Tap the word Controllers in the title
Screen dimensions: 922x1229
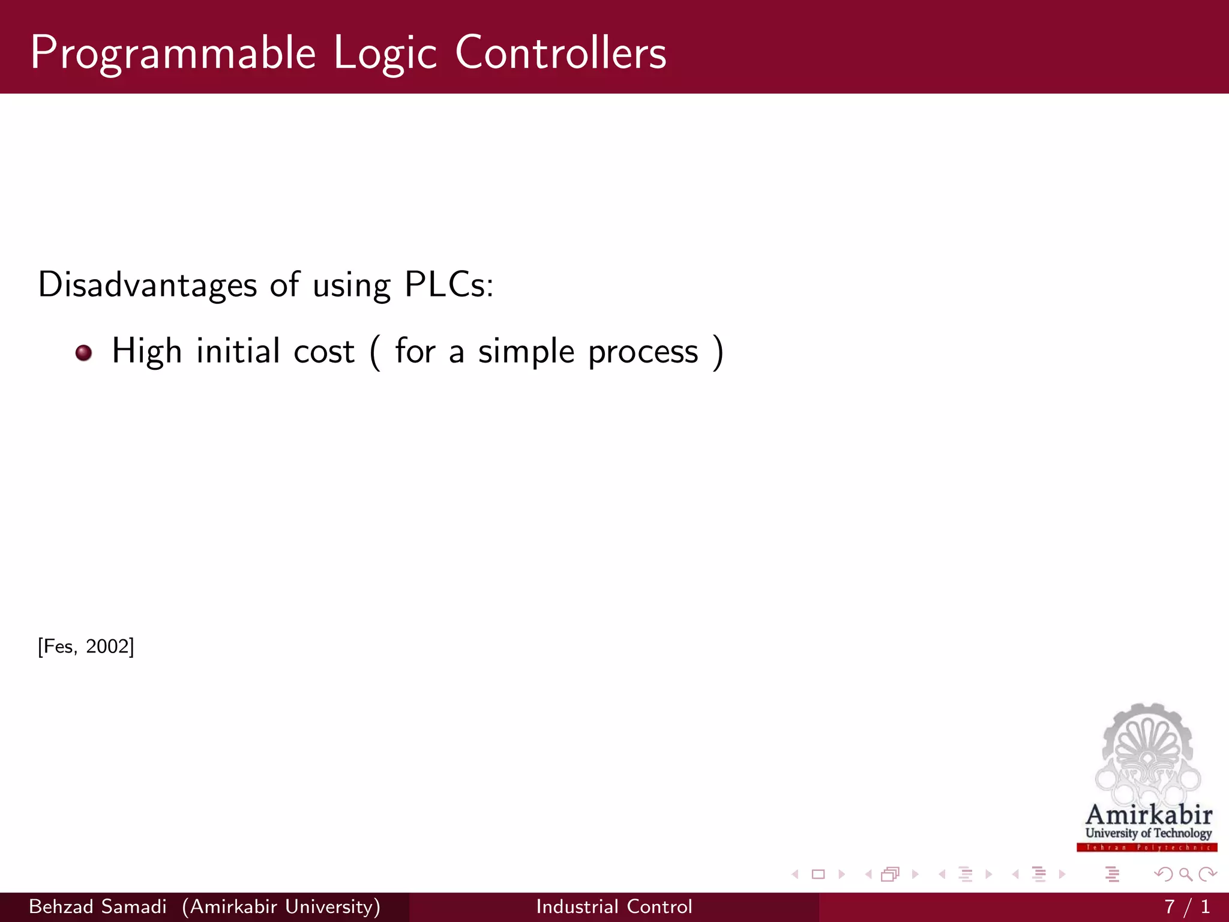click(x=560, y=53)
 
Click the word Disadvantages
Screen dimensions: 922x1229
click(x=148, y=285)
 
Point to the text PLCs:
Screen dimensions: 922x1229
click(x=449, y=285)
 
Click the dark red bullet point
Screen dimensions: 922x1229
click(x=84, y=352)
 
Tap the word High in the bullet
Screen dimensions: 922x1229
click(x=146, y=352)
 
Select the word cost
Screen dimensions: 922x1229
click(x=324, y=352)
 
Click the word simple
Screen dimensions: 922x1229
click(x=526, y=352)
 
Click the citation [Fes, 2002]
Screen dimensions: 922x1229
click(x=86, y=646)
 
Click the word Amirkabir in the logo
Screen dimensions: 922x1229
click(x=1149, y=815)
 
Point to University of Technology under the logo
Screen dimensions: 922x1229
click(x=1148, y=833)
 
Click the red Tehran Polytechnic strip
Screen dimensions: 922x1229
click(x=1147, y=848)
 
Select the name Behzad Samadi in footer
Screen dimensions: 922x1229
click(x=98, y=906)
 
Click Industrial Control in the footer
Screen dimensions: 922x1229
click(x=614, y=906)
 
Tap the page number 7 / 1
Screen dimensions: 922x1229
click(x=1186, y=906)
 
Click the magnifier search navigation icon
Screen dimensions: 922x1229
click(x=1185, y=875)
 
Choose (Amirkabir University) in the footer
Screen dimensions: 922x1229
click(x=281, y=906)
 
